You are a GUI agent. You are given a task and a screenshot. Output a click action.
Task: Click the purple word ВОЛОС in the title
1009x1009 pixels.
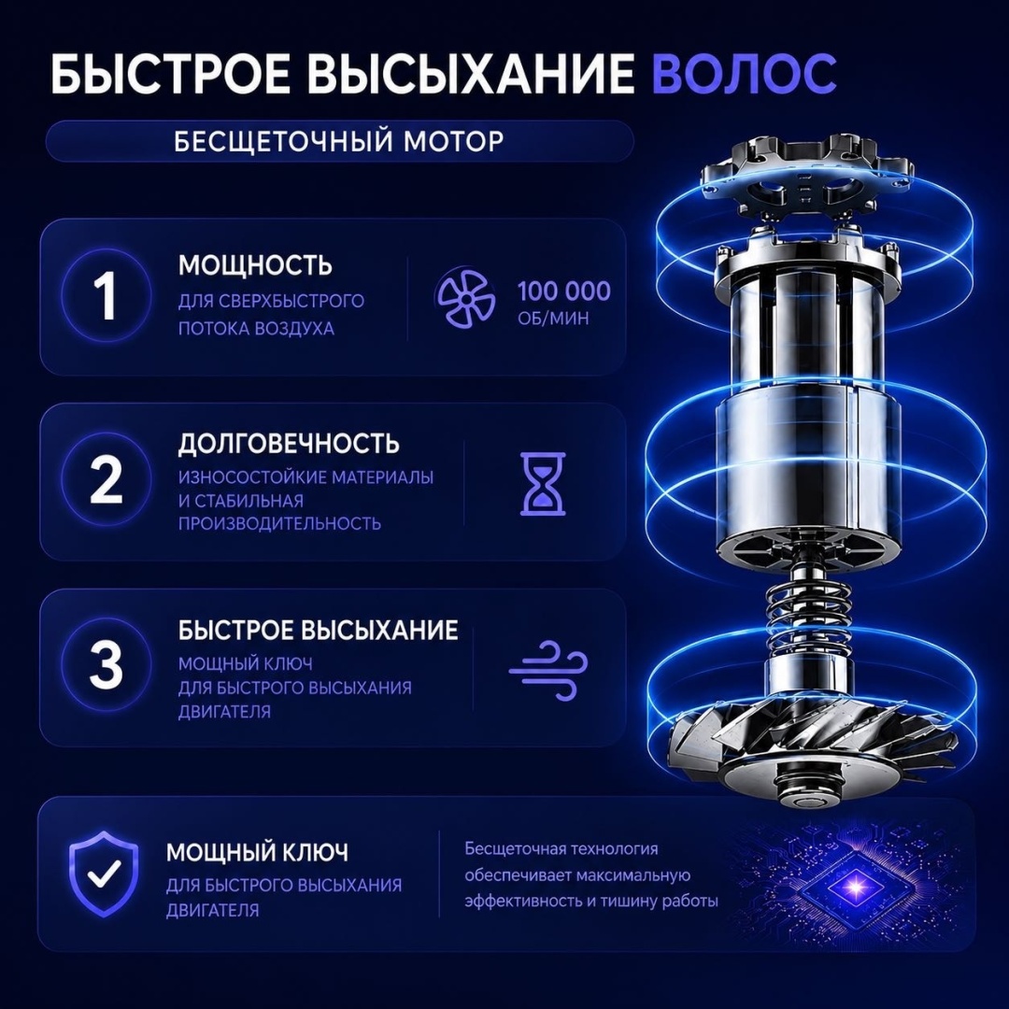[744, 73]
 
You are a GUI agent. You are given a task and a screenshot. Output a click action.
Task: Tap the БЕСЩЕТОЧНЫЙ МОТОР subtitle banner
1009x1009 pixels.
[339, 141]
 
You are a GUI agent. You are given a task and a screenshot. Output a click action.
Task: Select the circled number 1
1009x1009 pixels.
[107, 295]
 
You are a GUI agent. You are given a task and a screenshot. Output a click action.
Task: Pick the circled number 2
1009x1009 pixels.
[107, 479]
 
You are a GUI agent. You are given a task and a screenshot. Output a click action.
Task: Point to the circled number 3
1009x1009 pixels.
[107, 663]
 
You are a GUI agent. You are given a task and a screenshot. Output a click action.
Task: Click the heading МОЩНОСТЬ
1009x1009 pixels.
[255, 265]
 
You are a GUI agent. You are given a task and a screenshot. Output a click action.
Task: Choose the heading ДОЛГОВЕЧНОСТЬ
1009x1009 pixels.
[289, 444]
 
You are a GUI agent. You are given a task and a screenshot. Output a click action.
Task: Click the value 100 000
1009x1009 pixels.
[564, 291]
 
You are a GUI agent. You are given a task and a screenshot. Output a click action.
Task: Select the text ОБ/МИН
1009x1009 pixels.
[553, 318]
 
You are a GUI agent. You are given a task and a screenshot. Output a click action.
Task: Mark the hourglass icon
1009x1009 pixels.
[543, 484]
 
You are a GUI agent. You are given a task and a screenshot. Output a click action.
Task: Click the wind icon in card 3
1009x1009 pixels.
[548, 670]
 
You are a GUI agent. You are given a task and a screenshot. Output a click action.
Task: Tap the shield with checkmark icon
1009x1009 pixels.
[104, 874]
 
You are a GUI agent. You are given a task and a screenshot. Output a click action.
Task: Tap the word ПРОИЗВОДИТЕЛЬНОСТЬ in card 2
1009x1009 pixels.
[280, 523]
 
